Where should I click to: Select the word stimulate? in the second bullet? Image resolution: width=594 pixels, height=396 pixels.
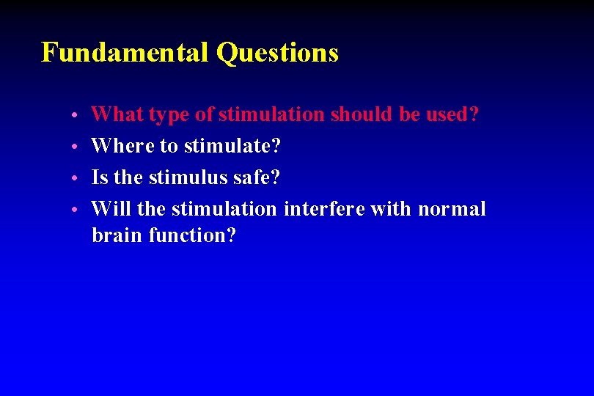(232, 146)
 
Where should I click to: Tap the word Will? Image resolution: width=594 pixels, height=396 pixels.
(111, 209)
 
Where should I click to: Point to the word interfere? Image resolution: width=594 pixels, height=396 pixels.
(324, 209)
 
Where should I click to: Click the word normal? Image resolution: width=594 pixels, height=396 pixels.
(452, 209)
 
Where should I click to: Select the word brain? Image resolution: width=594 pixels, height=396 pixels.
(117, 235)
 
